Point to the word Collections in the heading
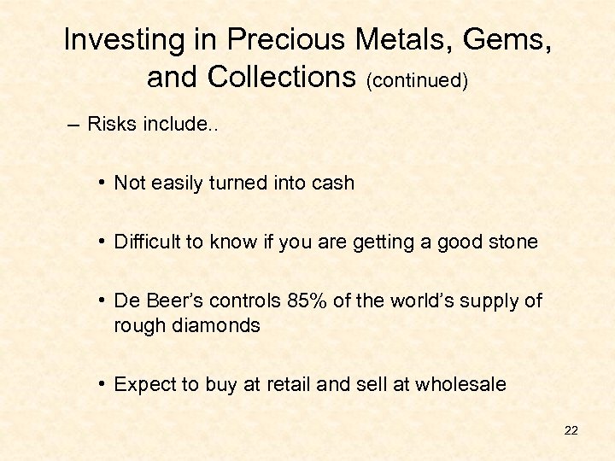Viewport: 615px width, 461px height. tap(283, 78)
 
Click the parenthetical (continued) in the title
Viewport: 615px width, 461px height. tap(417, 80)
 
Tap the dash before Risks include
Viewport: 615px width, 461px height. tap(73, 125)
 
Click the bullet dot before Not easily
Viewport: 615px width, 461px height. tap(102, 183)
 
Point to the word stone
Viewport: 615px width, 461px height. tap(512, 242)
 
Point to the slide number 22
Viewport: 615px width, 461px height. tap(571, 430)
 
